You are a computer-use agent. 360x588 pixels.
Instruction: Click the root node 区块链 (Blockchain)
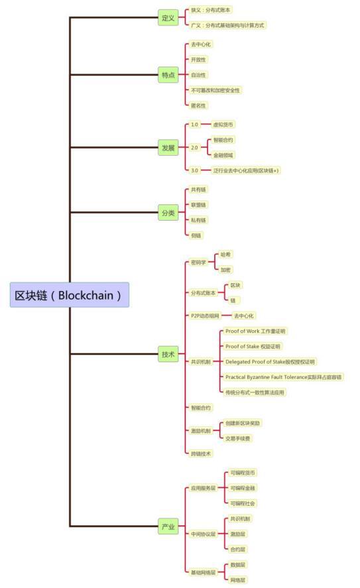[70, 295]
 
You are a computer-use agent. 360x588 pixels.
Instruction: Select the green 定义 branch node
[168, 19]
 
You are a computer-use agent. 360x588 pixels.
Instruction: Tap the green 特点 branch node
[168, 75]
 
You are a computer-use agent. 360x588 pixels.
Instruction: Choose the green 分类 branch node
[168, 213]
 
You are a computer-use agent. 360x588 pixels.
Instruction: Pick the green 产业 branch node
[168, 527]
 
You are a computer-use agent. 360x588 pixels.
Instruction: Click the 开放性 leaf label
[198, 60]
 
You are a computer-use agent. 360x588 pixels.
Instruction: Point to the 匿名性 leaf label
[198, 105]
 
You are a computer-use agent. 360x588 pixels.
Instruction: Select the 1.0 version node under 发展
[194, 125]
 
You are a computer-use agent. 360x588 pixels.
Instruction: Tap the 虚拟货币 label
[223, 125]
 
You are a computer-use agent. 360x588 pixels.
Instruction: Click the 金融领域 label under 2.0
[223, 154]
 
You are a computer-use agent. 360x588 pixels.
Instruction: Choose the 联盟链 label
[198, 205]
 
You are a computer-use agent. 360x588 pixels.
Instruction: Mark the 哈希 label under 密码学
[226, 255]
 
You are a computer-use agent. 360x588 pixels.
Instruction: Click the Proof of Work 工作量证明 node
[256, 331]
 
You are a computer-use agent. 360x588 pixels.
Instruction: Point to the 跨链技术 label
[201, 453]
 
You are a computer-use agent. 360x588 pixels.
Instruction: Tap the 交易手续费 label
[238, 438]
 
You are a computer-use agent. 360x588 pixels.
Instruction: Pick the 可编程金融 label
[243, 488]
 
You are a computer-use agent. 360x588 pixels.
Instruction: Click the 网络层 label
[238, 579]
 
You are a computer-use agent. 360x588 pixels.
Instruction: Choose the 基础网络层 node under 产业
[203, 572]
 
